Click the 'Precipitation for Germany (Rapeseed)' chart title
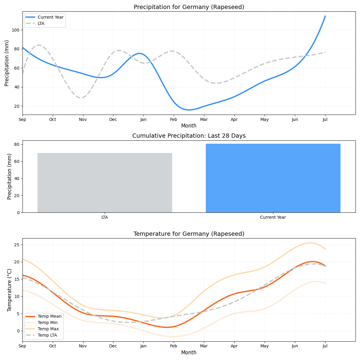(189, 7)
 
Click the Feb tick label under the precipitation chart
(173, 120)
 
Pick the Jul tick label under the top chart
(325, 120)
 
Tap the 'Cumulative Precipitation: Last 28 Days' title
(189, 136)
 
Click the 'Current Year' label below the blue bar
(273, 217)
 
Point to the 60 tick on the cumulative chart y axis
(17, 161)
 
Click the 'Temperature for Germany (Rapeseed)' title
(189, 234)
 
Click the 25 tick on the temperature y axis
(17, 245)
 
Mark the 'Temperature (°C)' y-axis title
(10, 290)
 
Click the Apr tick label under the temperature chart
(234, 346)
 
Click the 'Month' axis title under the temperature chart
(189, 353)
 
